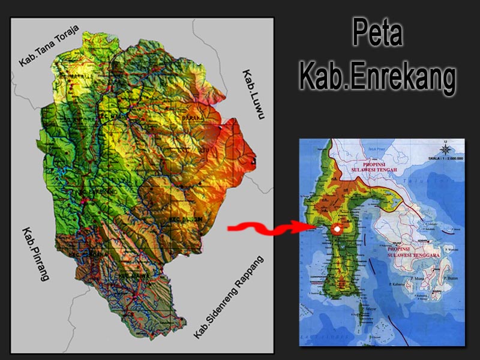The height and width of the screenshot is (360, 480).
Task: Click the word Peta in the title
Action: point(376,35)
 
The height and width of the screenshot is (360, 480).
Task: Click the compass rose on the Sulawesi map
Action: point(445,148)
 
